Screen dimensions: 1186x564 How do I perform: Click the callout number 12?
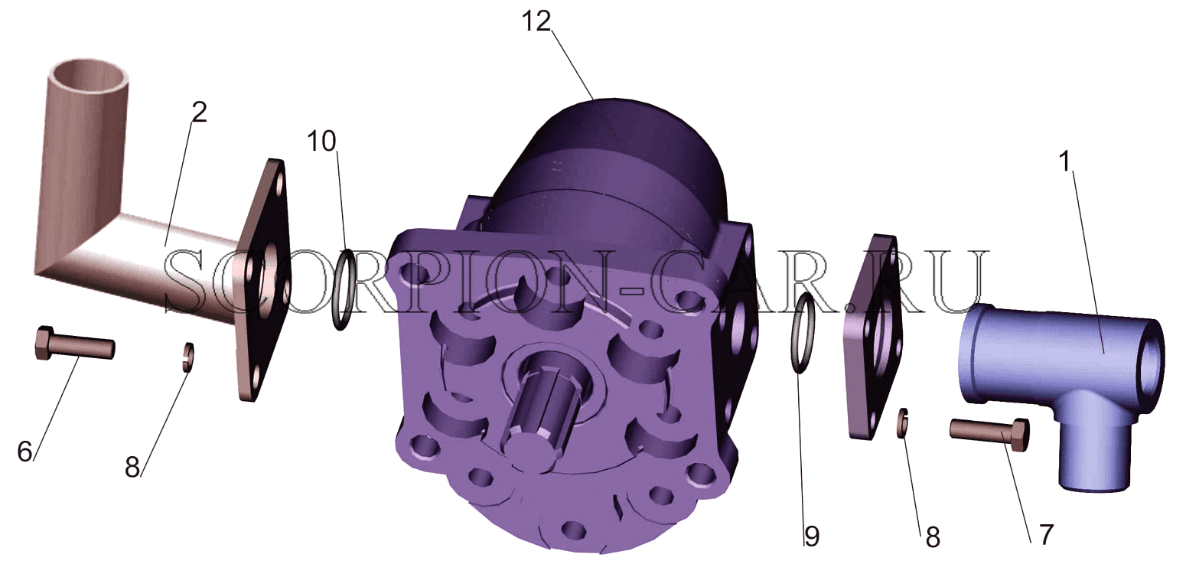pos(536,22)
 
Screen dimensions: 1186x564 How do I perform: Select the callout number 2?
pos(199,112)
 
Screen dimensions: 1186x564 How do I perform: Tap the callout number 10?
pos(321,141)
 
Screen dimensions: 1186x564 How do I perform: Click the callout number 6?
pos(25,452)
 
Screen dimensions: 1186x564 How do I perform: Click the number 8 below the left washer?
pos(132,467)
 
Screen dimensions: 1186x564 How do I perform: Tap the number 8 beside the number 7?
pos(933,537)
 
